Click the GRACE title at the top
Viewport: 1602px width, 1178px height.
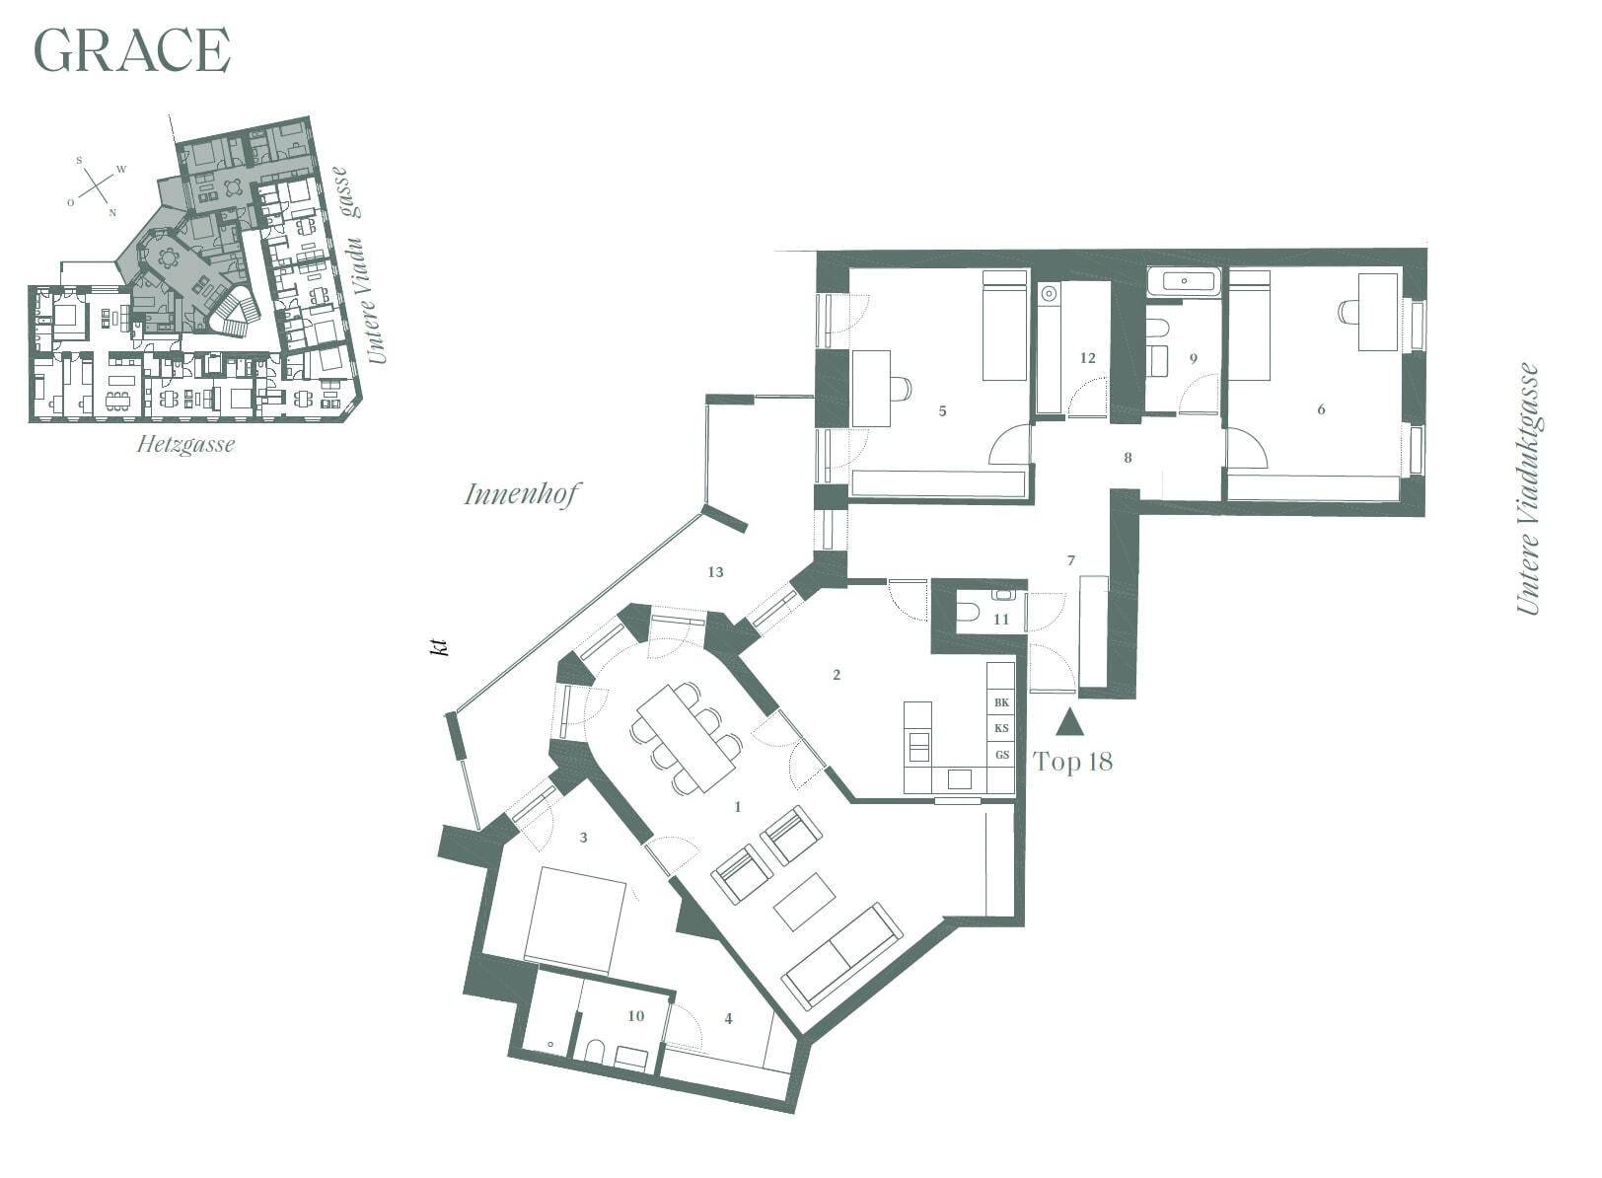[x=132, y=50]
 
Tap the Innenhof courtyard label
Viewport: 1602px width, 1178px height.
[x=522, y=494]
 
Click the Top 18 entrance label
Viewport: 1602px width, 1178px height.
[x=1073, y=763]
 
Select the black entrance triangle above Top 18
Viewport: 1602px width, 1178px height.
[x=1069, y=722]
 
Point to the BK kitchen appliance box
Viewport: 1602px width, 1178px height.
[x=1001, y=702]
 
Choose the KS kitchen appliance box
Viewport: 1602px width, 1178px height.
[x=1001, y=728]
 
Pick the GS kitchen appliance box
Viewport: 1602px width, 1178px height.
[x=1001, y=755]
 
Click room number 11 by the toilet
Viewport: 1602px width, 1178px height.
[x=1001, y=619]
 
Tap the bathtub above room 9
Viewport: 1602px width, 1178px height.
[x=1185, y=281]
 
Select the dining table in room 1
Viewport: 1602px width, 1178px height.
[x=686, y=737]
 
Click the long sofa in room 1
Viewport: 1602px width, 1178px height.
[x=841, y=955]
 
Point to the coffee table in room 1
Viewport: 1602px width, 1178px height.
[x=805, y=901]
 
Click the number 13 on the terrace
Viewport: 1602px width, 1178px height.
[x=715, y=571]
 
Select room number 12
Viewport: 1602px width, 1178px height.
[x=1088, y=357]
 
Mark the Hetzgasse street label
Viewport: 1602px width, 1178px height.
[x=185, y=445]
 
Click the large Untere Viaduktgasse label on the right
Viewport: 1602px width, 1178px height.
[x=1528, y=488]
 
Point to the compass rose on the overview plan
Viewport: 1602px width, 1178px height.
[x=96, y=185]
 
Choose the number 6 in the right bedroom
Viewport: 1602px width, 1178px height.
[x=1321, y=409]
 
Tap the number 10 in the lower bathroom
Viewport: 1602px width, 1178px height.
[x=636, y=1015]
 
